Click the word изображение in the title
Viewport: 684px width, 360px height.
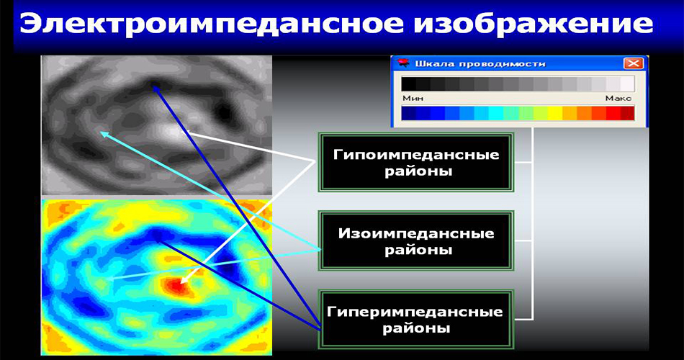click(x=534, y=25)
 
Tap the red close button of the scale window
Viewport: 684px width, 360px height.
click(x=633, y=63)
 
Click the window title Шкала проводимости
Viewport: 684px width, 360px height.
click(x=480, y=63)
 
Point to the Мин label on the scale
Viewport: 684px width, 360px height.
click(x=413, y=98)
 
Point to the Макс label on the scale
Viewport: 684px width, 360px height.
click(x=618, y=98)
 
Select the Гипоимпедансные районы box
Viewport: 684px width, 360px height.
click(x=416, y=163)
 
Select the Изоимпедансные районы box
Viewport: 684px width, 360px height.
click(x=416, y=241)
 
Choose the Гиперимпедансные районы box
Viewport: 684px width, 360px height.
click(x=416, y=320)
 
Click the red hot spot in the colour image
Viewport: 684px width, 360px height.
click(x=176, y=286)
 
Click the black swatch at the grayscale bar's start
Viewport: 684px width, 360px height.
click(x=409, y=84)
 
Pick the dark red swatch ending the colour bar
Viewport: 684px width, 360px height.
click(x=627, y=114)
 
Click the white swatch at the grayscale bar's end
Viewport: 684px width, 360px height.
click(x=627, y=84)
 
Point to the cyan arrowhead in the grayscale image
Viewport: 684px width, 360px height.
click(x=104, y=135)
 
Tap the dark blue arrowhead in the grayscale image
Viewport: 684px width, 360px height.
click(x=156, y=89)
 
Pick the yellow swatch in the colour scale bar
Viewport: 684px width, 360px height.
click(x=554, y=114)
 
